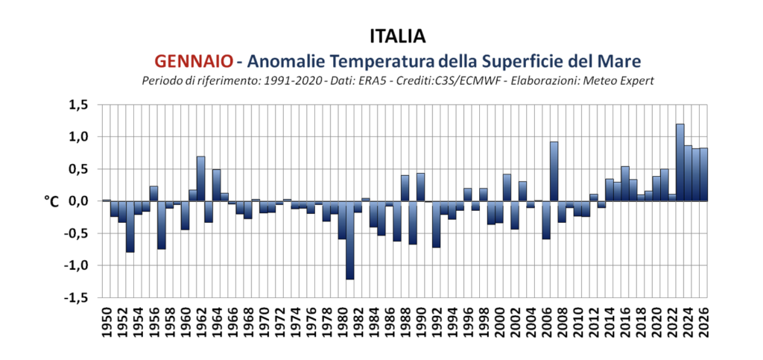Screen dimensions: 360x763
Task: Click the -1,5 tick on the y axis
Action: tap(76, 297)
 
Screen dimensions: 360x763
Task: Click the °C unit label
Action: tap(51, 201)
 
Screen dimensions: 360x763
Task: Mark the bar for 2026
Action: tap(703, 174)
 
